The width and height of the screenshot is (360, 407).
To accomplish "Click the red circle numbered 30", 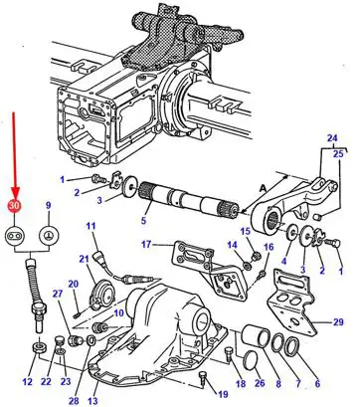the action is [x=15, y=206].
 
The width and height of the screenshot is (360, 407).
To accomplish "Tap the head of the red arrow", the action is [x=15, y=194].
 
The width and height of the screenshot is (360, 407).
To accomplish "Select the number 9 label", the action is [x=49, y=206].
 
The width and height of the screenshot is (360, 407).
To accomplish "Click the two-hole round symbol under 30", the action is [x=15, y=236].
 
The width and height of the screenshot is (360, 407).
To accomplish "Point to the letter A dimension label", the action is [x=263, y=188].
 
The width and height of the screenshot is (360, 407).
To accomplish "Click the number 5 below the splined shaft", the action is [x=143, y=220].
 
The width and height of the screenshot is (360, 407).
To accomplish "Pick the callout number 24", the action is [x=332, y=137].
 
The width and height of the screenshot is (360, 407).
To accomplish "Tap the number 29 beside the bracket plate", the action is [x=338, y=322].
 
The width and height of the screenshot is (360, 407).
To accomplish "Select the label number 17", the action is [x=146, y=245].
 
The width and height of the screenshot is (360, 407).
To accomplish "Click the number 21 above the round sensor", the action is [x=85, y=258].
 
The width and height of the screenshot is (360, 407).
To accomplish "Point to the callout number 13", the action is [x=94, y=400].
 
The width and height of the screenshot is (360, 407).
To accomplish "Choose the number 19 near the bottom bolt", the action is [x=223, y=394].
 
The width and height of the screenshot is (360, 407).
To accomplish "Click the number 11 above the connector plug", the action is [x=90, y=226].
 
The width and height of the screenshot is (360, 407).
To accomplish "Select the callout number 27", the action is [x=58, y=294].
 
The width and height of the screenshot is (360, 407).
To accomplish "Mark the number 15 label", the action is [x=246, y=231].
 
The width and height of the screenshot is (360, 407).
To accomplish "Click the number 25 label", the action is [x=339, y=154].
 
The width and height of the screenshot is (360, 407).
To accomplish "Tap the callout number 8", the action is [x=278, y=383].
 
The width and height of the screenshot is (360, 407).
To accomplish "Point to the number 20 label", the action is [x=74, y=284].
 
